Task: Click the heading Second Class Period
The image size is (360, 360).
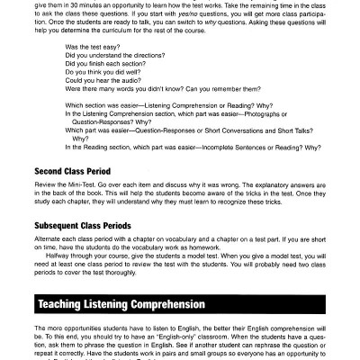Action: tap(74, 169)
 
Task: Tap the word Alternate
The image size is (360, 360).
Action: tap(52, 238)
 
